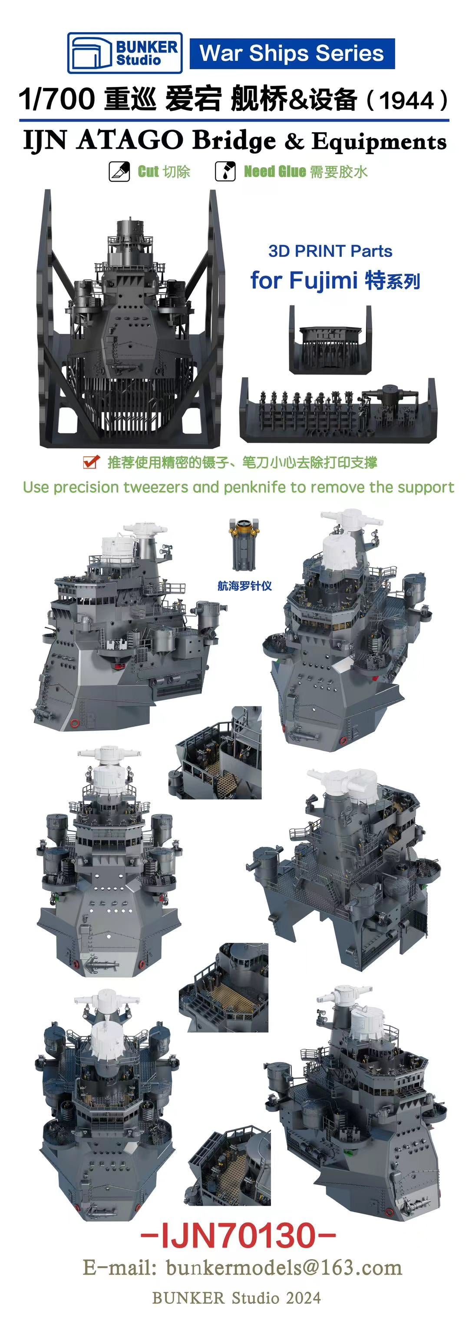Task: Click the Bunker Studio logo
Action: tap(125, 53)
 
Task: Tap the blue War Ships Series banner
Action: tap(292, 53)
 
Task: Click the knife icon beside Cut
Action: tap(119, 172)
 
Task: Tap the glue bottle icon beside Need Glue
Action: tap(225, 172)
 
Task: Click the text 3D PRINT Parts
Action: tap(330, 251)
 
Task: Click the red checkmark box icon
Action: tap(91, 462)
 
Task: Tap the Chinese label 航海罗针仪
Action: tap(244, 585)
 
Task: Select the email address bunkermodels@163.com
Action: tap(284, 1267)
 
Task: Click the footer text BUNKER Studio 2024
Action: tap(236, 1298)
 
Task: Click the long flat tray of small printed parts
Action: tap(338, 410)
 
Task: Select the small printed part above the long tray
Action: tap(331, 340)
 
